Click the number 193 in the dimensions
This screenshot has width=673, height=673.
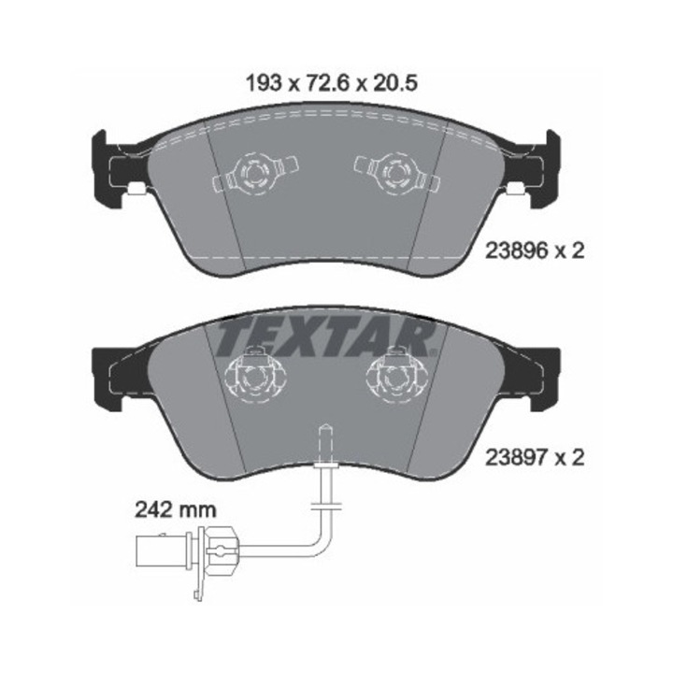(x=264, y=83)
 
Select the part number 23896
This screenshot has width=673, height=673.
(x=517, y=251)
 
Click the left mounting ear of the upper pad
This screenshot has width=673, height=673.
(x=112, y=166)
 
